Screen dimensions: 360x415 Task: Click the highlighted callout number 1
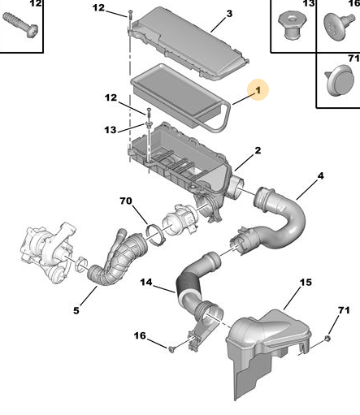[258, 90]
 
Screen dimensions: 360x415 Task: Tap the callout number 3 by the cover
[229, 14]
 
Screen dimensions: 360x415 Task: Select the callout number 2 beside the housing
[258, 150]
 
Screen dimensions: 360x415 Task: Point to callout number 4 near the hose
[320, 176]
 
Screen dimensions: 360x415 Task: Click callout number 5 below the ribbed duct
[76, 310]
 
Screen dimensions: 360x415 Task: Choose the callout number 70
[126, 201]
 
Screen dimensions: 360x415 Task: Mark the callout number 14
[146, 283]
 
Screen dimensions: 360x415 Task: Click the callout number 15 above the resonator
[306, 283]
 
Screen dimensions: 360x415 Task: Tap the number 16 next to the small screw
[140, 335]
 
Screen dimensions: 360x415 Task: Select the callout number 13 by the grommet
[111, 130]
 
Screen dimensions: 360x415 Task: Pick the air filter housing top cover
[189, 43]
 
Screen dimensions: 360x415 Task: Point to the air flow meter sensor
[180, 221]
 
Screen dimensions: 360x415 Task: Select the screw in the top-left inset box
[20, 24]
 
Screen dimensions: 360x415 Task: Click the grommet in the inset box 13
[292, 26]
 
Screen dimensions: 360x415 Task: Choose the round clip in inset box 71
[340, 80]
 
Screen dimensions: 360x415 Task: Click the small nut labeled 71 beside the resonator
[327, 339]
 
